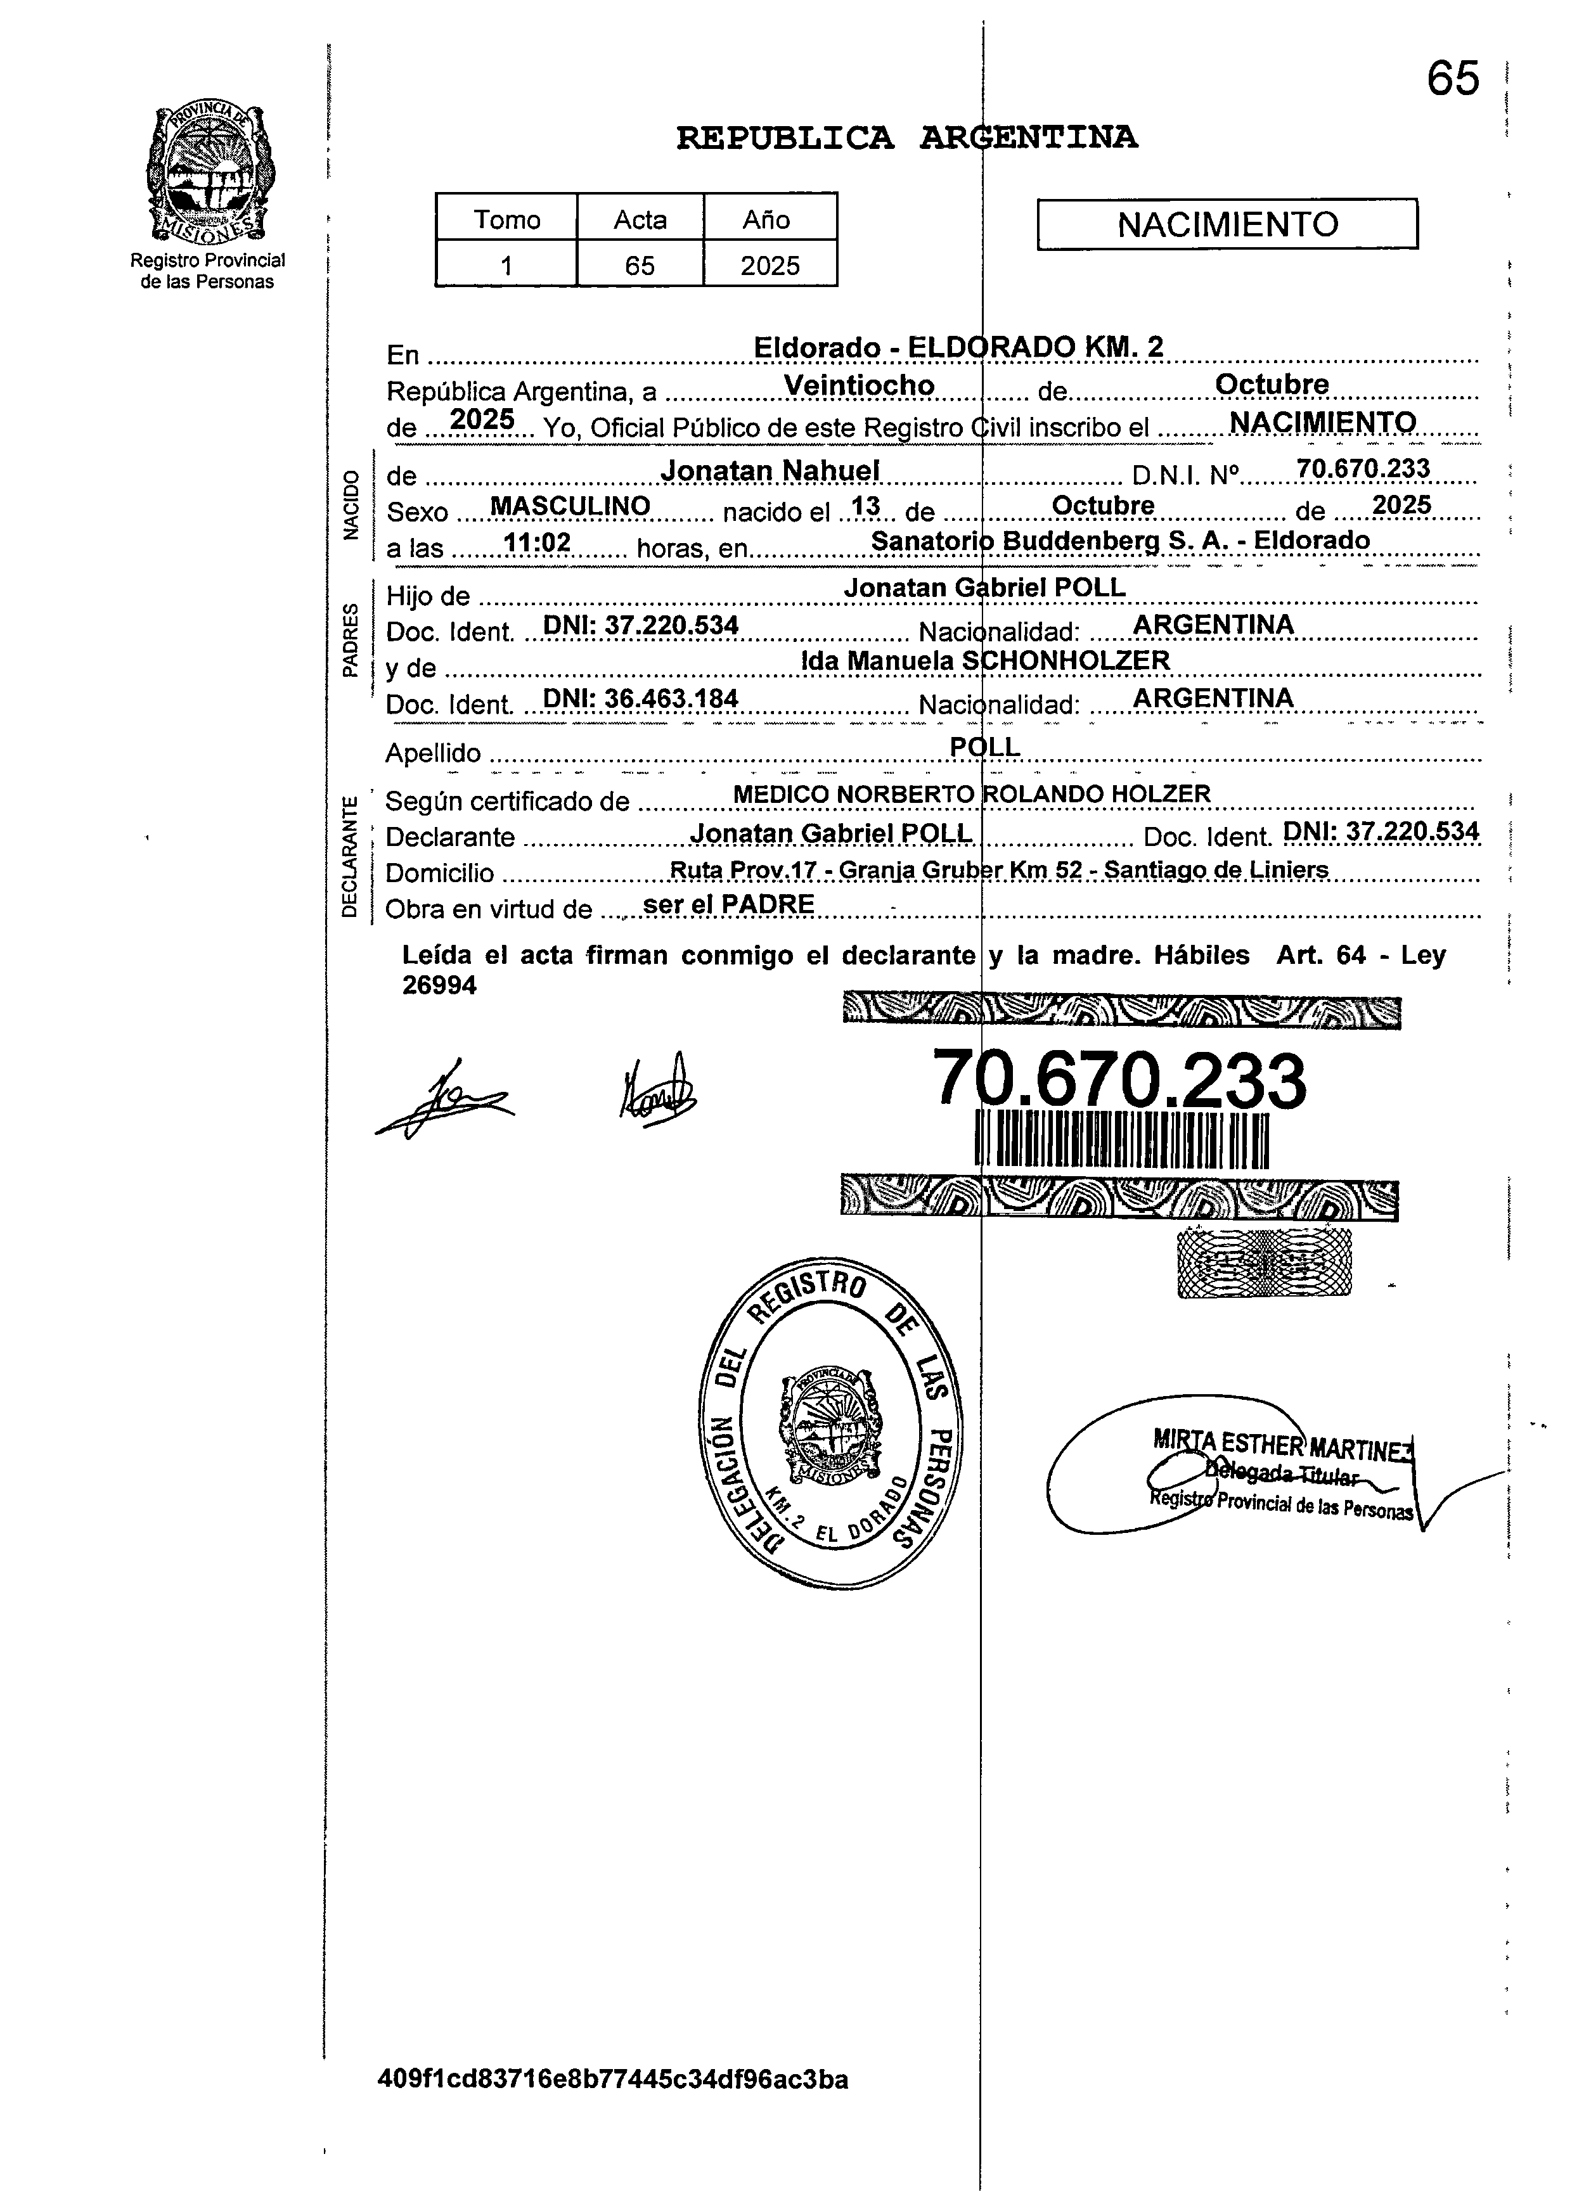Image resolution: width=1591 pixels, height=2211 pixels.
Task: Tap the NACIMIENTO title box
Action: (1227, 224)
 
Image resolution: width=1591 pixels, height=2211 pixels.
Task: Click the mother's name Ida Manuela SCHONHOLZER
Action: (984, 661)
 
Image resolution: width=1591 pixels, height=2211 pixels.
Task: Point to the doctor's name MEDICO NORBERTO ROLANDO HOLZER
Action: (971, 795)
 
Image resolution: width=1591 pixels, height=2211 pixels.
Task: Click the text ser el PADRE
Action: (728, 905)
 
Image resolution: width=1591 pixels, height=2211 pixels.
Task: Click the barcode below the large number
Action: (1121, 1141)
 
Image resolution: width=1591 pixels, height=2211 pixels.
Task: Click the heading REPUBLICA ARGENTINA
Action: (906, 138)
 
